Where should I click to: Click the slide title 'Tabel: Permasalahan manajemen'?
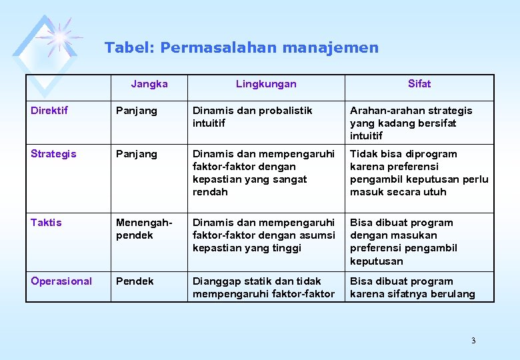[241, 48]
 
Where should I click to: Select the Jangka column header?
[149, 84]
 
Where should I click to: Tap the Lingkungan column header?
[266, 84]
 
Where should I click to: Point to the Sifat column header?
[419, 84]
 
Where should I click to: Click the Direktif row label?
[49, 111]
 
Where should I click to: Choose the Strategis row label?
[53, 154]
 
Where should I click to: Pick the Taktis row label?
[46, 223]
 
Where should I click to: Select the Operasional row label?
[61, 281]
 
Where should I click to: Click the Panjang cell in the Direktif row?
[137, 111]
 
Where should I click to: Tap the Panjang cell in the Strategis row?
[137, 154]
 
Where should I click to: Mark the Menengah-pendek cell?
[144, 229]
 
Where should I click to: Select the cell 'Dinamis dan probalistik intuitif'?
[252, 117]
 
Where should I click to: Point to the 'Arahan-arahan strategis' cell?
[411, 123]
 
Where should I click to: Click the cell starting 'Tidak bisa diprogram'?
[419, 173]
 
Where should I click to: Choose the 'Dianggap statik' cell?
[263, 287]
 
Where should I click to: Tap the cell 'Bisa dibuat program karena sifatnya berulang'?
[412, 287]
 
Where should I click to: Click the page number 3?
[473, 341]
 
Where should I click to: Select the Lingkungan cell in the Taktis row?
[263, 235]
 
